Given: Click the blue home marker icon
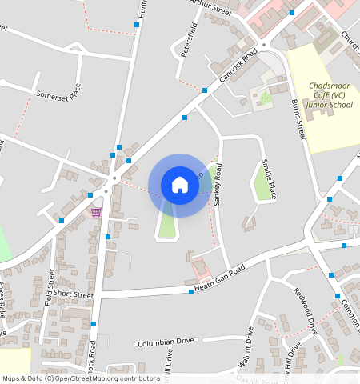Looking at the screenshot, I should (180, 185).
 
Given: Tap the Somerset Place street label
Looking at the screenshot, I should (59, 96).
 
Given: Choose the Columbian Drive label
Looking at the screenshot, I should (166, 342).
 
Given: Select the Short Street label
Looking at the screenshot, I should (78, 295).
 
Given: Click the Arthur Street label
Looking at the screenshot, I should (210, 8).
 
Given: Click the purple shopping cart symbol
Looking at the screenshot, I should (96, 212).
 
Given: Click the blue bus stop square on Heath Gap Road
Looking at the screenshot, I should (191, 291).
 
